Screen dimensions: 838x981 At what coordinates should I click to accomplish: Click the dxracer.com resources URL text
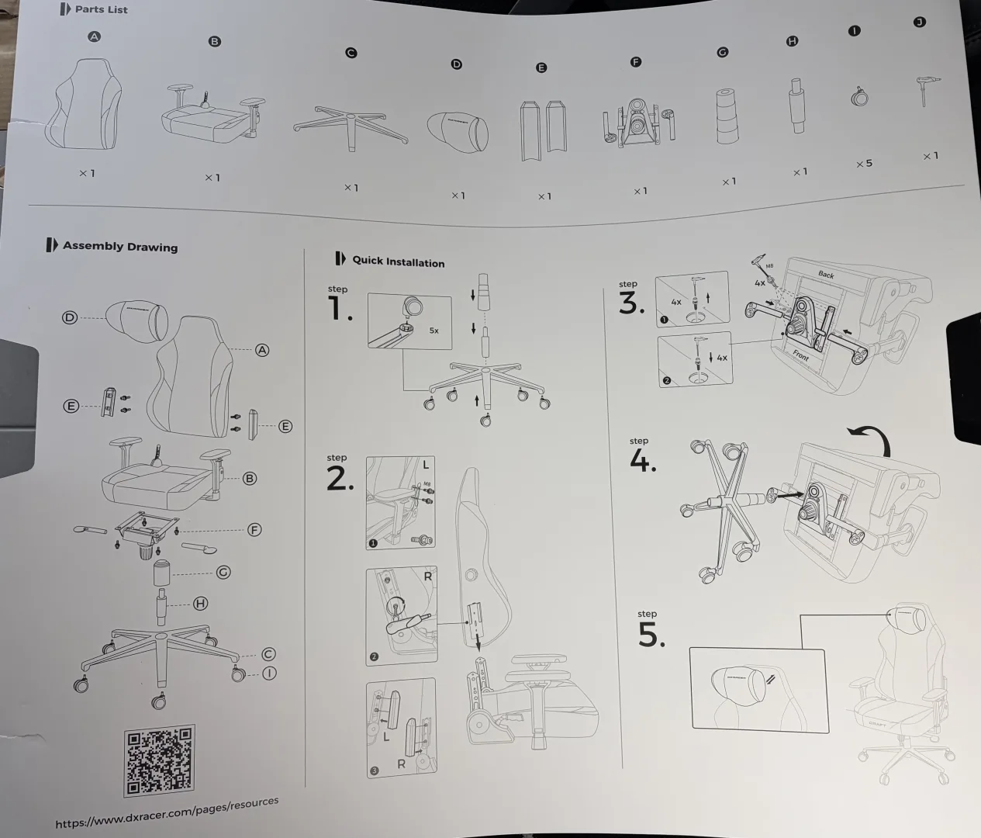pos(167,812)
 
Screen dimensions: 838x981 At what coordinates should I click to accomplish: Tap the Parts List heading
pos(101,9)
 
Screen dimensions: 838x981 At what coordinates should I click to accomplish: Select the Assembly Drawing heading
pos(119,246)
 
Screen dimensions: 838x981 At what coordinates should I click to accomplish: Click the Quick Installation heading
pos(398,261)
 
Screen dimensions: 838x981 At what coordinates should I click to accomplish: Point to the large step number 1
pos(339,309)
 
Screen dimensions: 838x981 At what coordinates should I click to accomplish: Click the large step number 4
pos(642,461)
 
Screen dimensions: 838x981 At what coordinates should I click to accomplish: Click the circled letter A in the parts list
pos(94,36)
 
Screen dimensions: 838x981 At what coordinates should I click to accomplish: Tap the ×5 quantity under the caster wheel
pos(864,164)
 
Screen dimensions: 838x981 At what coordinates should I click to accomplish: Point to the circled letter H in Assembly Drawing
pos(200,603)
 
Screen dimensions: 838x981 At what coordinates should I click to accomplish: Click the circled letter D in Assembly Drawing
pos(70,317)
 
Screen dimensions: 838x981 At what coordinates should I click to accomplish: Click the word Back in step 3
pos(826,274)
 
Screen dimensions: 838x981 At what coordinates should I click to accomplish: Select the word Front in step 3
pos(800,355)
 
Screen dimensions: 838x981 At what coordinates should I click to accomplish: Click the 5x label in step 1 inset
pos(434,331)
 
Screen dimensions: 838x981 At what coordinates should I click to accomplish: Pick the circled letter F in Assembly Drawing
pos(254,530)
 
